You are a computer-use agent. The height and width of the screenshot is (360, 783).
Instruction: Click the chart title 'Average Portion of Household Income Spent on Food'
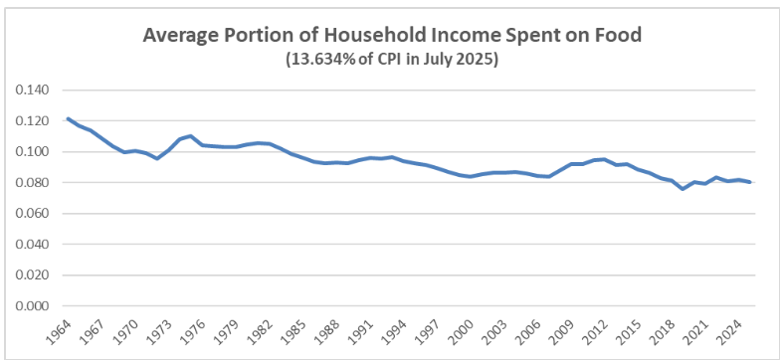coord(392,36)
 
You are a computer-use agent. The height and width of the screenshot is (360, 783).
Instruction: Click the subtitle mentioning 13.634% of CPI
coord(392,59)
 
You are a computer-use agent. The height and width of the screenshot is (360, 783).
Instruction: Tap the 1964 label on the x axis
coord(58,329)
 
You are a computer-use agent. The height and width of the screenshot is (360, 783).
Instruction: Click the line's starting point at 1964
coord(68,118)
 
